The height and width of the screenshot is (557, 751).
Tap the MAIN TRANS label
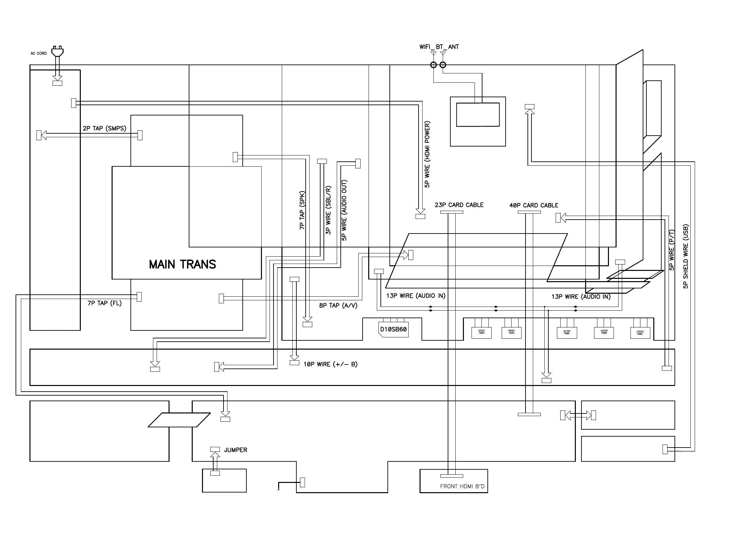(x=182, y=264)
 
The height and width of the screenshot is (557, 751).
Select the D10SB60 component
(x=394, y=329)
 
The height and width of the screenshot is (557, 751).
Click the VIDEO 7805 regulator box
(x=481, y=332)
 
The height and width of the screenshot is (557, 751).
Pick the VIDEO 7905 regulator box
(x=511, y=332)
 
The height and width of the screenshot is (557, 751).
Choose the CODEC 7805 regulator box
(x=640, y=332)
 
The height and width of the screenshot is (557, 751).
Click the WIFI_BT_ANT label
(x=439, y=47)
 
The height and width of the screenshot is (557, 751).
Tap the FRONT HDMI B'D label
(x=462, y=486)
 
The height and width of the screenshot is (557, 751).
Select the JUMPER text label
(x=235, y=450)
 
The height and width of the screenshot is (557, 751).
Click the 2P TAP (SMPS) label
(x=104, y=128)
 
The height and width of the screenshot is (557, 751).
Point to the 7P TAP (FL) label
(x=104, y=303)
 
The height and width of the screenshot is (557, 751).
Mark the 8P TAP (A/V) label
(x=338, y=306)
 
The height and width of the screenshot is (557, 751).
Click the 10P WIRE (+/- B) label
(x=330, y=364)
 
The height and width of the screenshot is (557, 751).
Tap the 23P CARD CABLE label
(x=459, y=205)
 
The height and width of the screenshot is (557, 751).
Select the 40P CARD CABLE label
(x=534, y=205)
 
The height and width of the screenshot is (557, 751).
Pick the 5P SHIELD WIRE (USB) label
(x=685, y=256)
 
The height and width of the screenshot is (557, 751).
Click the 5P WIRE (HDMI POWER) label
(x=427, y=154)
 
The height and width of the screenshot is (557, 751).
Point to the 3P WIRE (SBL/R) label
(x=328, y=210)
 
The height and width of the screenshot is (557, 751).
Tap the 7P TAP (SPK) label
(x=302, y=210)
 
